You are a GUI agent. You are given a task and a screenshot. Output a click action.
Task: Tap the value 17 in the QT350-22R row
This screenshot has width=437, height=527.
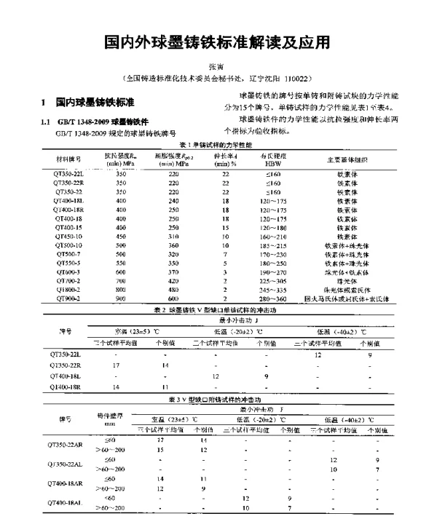pos(116,365)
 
